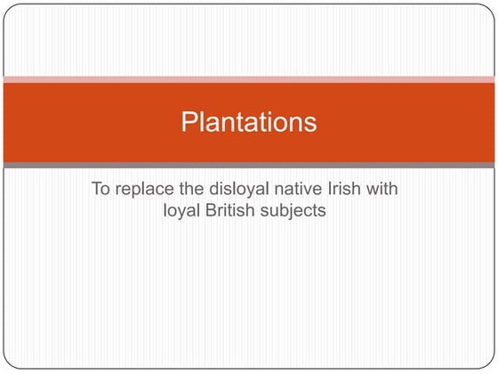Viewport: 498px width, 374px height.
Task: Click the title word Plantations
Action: pyautogui.click(x=249, y=122)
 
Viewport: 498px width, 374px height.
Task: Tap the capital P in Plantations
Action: pyautogui.click(x=189, y=121)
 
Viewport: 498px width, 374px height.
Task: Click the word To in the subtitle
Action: pyautogui.click(x=101, y=190)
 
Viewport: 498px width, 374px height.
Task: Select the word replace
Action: pyautogui.click(x=148, y=191)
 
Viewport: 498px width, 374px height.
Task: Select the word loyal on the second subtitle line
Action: pyautogui.click(x=184, y=212)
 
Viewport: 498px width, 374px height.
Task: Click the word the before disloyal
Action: pyautogui.click(x=196, y=190)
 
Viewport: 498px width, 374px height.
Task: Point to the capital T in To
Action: pyautogui.click(x=96, y=190)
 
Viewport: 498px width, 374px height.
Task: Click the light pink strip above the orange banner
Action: pyautogui.click(x=249, y=80)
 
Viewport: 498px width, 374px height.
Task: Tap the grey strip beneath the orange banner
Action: pyautogui.click(x=249, y=165)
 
